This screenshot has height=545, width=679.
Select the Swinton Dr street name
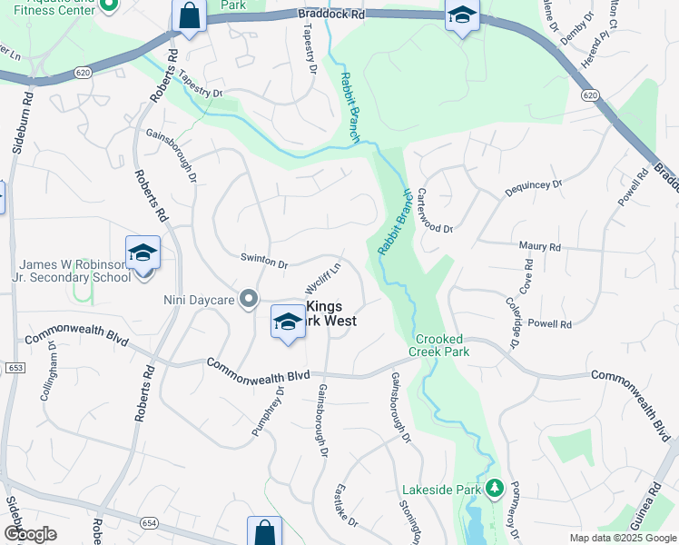[x=263, y=261]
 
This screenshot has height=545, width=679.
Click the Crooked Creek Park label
[x=438, y=344]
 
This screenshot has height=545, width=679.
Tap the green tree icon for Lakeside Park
[x=494, y=489]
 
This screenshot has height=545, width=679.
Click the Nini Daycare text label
[x=199, y=299]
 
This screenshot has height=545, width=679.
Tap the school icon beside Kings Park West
[x=288, y=322]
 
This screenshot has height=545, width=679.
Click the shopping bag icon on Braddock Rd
[x=189, y=15]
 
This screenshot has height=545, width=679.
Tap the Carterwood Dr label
[x=435, y=211]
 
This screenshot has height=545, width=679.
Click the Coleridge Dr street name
[x=515, y=325]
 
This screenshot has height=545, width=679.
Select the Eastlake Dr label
[x=347, y=504]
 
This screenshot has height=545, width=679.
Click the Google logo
[x=30, y=534]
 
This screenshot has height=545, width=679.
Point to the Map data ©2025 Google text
[x=622, y=538]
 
